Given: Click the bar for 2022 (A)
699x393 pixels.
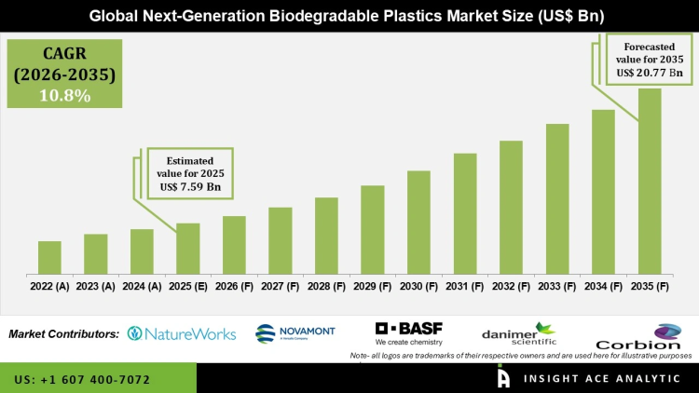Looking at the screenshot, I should click(x=49, y=258).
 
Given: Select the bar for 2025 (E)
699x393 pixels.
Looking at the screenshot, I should click(x=188, y=249).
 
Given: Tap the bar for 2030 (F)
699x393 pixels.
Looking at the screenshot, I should click(x=418, y=223).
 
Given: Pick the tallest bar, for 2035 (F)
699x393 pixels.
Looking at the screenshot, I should click(x=650, y=182).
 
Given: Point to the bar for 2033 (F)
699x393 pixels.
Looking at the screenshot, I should click(x=557, y=199).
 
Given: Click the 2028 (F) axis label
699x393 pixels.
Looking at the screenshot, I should click(x=326, y=287).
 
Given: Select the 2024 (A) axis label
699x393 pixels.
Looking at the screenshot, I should click(x=142, y=287).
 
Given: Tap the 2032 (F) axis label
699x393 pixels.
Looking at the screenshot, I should click(x=511, y=287).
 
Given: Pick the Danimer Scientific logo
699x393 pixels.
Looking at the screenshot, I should click(x=517, y=334).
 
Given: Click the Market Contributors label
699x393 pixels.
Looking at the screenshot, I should click(x=63, y=333).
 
